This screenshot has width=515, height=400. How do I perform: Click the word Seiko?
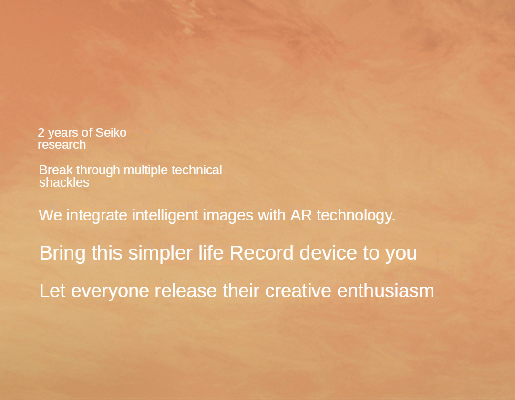pos(111,132)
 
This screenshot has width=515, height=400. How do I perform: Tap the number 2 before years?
pos(41,133)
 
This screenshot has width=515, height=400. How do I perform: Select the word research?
pos(62,145)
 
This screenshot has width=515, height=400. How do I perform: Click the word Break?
pos(56,170)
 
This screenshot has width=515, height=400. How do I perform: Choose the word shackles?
pos(64,182)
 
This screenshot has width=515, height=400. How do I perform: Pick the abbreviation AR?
pos(301,215)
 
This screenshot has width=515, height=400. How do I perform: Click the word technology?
pos(356,216)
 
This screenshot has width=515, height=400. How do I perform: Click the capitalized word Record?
pos(261,253)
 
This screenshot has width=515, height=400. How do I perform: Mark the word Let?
pos(52,290)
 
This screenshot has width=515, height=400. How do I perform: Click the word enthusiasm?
pos(385,290)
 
